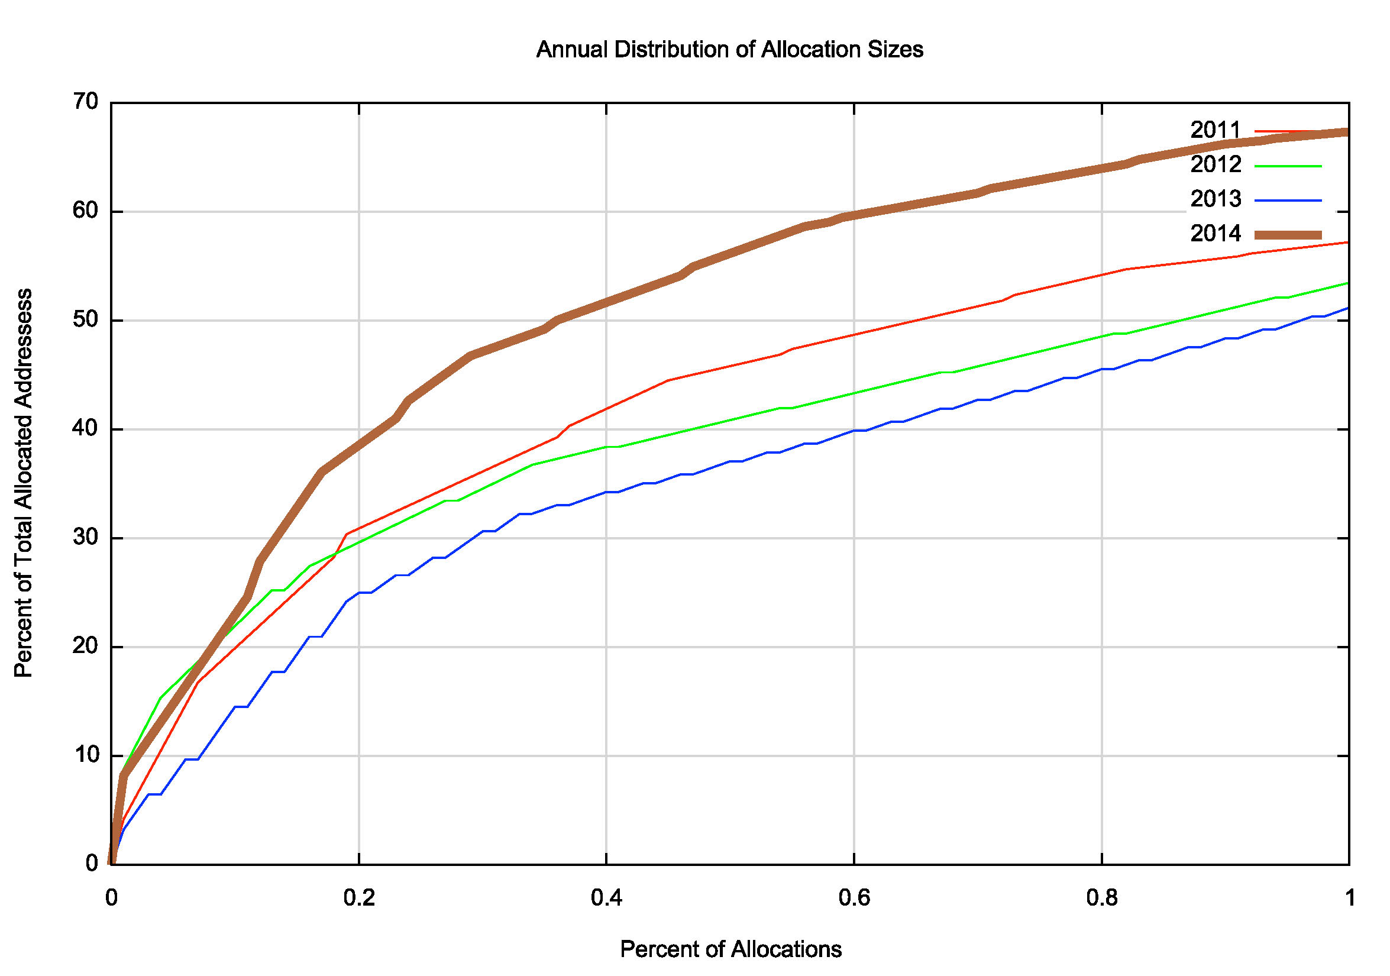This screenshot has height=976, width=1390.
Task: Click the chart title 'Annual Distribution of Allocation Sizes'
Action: coord(729,50)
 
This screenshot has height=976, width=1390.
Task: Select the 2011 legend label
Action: coord(1215,130)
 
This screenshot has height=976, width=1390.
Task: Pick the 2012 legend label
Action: coord(1215,164)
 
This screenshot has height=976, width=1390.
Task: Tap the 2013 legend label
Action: coord(1215,199)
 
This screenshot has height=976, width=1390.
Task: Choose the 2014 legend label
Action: coord(1215,234)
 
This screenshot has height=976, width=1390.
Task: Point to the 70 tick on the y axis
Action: coord(86,102)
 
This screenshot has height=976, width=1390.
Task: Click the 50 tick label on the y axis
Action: coord(86,320)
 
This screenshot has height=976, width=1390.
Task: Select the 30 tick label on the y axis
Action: coord(86,538)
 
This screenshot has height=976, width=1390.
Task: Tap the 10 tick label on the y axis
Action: coord(86,755)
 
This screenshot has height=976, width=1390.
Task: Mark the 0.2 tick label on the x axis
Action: coord(359,898)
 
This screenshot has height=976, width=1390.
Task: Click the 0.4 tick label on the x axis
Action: coord(607,898)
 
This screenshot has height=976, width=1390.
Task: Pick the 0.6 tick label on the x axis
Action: coord(854,898)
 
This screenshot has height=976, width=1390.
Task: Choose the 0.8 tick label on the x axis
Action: coord(1102,898)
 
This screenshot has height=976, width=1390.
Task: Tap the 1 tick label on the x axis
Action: coord(1349,898)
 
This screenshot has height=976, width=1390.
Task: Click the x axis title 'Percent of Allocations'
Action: coord(730,949)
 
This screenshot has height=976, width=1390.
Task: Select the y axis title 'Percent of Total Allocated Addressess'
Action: coord(24,483)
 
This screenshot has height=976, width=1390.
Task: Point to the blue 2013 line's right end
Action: coord(1348,308)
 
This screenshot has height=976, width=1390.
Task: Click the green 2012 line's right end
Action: coord(1348,283)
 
